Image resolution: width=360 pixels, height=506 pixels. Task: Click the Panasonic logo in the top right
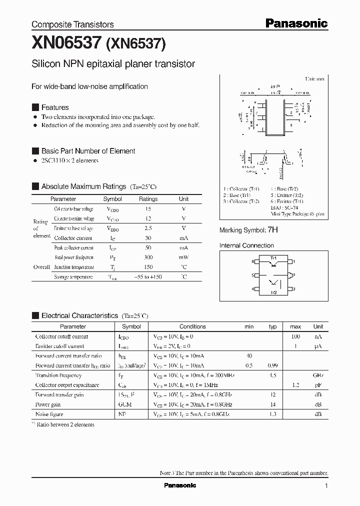[x=296, y=23]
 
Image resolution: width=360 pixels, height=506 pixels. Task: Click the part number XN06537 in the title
[x=66, y=44]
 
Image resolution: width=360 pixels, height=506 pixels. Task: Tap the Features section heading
[x=54, y=107]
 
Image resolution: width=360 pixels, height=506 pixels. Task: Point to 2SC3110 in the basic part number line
[x=54, y=160]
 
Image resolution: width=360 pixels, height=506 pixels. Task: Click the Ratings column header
[x=148, y=199]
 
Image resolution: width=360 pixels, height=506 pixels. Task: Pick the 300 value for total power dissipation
[x=148, y=257]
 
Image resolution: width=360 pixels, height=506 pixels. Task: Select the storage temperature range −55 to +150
[x=148, y=276]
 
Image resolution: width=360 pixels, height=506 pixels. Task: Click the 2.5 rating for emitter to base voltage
[x=148, y=228]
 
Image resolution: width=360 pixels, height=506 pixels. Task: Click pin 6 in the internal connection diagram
[x=253, y=261]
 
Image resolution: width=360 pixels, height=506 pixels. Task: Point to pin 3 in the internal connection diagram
[x=294, y=289]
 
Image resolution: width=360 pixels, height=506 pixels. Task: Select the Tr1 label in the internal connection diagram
[x=273, y=258]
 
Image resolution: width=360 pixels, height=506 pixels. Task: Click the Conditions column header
[x=192, y=326]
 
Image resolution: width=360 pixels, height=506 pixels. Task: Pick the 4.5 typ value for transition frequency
[x=273, y=375]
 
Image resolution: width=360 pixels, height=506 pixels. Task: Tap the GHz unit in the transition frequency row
[x=318, y=375]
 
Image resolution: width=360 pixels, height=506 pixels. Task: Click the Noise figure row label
[x=49, y=414]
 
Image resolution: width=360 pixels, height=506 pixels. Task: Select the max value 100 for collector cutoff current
[x=295, y=337]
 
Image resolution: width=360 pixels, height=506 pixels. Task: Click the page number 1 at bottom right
[x=326, y=485]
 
